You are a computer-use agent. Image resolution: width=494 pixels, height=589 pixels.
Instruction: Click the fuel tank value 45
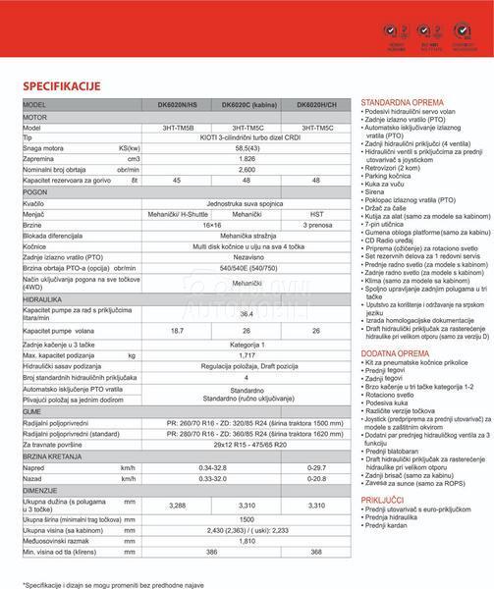tap(177, 182)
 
